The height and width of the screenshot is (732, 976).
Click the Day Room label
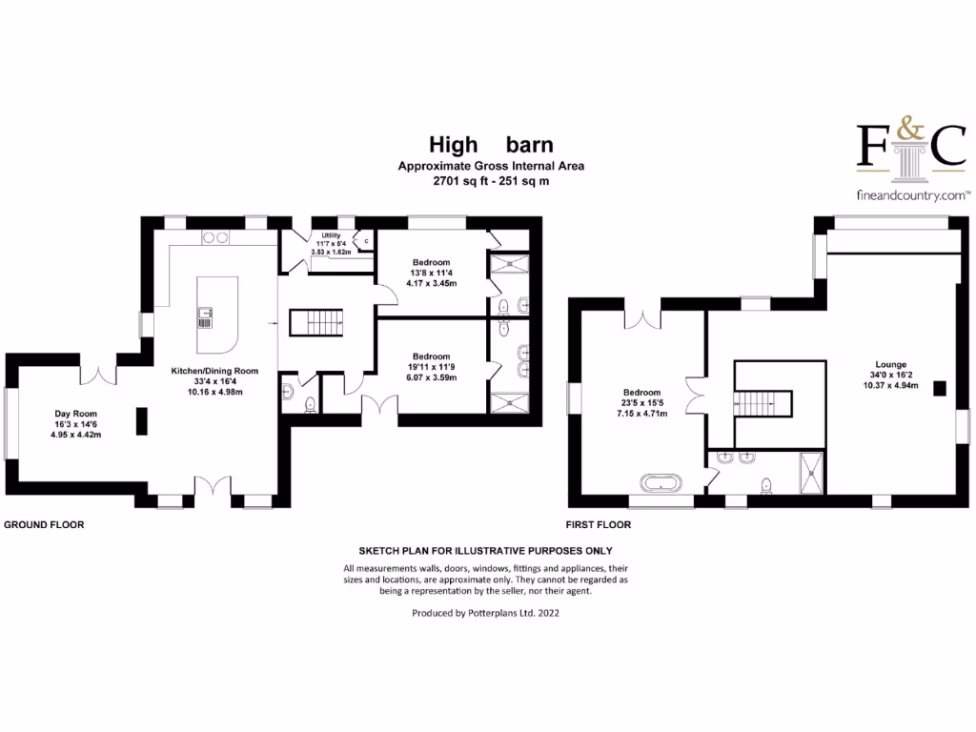click(75, 414)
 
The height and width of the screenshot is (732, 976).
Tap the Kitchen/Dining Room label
click(214, 371)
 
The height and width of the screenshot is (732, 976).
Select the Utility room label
click(331, 235)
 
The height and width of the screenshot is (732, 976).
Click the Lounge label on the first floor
click(891, 365)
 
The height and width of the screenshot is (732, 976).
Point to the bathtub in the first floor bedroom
click(661, 483)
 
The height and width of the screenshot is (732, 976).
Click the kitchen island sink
click(205, 317)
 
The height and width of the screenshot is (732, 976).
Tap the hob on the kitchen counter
click(215, 237)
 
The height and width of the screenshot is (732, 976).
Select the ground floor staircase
click(316, 323)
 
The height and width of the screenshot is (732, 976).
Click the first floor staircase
click(762, 403)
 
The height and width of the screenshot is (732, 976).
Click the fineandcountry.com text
click(913, 195)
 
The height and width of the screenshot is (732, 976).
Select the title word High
click(453, 145)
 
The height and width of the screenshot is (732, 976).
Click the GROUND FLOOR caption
click(44, 525)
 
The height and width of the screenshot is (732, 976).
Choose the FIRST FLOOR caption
click(599, 525)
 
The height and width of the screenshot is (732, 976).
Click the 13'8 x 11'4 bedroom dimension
click(432, 273)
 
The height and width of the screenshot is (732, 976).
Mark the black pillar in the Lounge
click(939, 389)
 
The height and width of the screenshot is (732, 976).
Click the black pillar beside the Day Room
click(142, 420)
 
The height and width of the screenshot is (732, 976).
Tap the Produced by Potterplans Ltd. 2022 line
click(485, 613)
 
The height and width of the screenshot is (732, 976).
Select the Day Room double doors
click(98, 376)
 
